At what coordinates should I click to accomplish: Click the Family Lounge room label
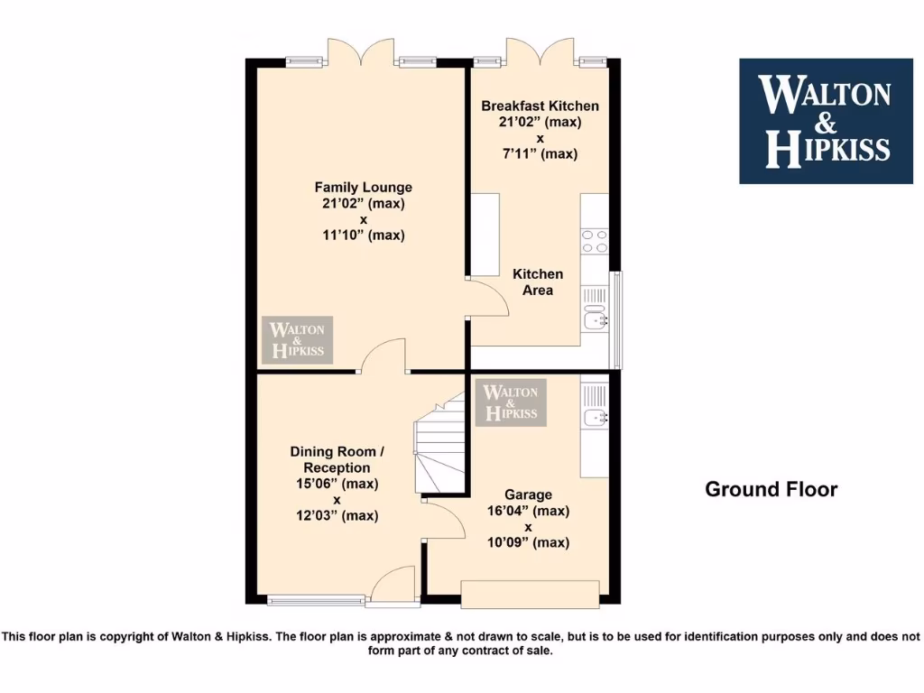coord(363,188)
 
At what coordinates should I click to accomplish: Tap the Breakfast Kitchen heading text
coord(540,106)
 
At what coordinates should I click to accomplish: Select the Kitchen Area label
coord(538,282)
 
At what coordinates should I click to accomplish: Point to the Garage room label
coord(528,494)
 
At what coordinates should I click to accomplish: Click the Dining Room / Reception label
coord(336,459)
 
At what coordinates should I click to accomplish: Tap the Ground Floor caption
coord(771,489)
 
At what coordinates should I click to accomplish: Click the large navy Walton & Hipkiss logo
coord(826,121)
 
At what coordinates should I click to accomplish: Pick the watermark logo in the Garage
coord(512,402)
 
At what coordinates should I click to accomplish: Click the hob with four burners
coord(595,241)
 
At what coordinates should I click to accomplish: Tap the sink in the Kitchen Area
coord(595,318)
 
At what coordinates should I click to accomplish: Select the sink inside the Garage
coord(595,416)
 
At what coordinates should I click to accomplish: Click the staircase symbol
coord(439,448)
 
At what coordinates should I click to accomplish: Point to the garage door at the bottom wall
coord(530,595)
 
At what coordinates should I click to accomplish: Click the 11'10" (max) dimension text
coord(363,236)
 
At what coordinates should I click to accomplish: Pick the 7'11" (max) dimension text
coord(540,154)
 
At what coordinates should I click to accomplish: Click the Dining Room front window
coord(316,598)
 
